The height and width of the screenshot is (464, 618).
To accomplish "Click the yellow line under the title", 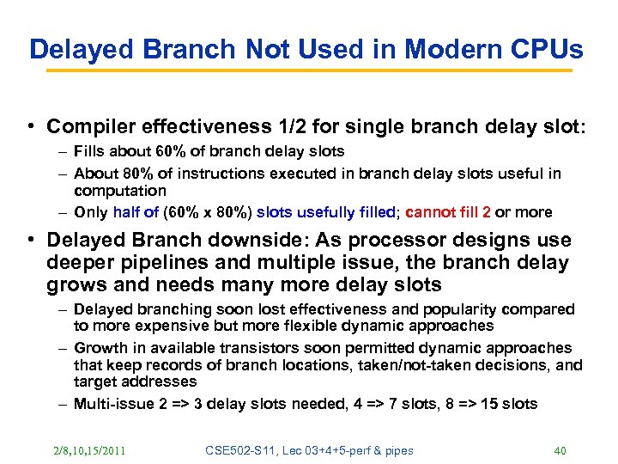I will click(309, 71).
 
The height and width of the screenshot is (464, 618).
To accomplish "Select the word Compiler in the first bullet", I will click(85, 126).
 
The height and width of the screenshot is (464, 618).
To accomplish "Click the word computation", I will click(119, 191).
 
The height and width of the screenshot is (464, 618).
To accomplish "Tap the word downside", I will click(257, 241).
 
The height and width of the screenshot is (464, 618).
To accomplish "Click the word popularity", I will click(451, 308).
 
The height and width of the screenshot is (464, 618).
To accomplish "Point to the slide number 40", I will click(560, 449).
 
